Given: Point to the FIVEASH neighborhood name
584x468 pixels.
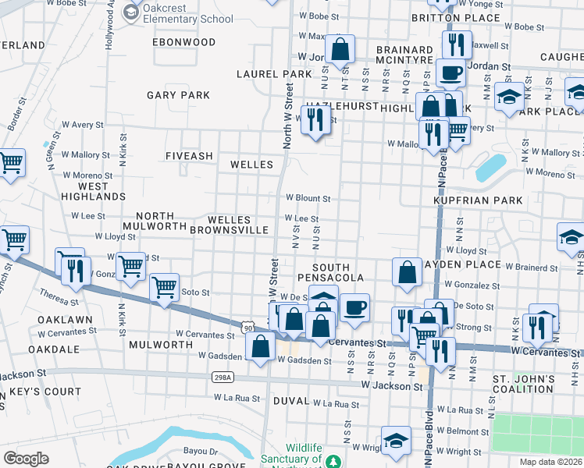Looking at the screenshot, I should coord(189,156).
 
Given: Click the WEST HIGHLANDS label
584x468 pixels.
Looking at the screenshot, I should coord(93,191).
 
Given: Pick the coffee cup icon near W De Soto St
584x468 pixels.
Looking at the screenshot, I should coord(354,307).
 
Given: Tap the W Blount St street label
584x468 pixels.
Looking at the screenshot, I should coord(308,198).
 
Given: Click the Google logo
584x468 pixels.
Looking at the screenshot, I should coord(26,459).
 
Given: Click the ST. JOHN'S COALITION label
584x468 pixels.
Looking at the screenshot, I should coord(522,385).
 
